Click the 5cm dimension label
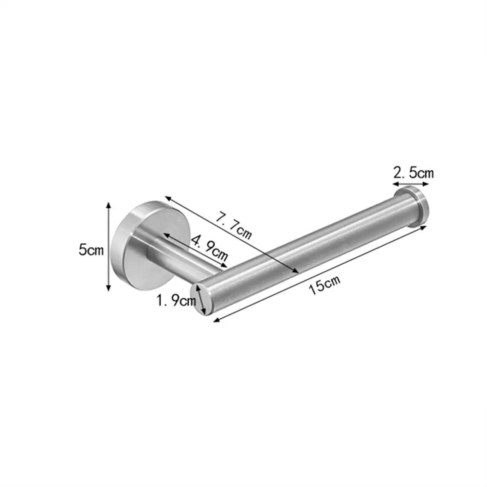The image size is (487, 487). click(x=91, y=250)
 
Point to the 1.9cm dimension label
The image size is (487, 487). click(x=176, y=300)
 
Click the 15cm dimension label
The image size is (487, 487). click(x=324, y=285)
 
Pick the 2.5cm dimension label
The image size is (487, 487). click(x=414, y=173)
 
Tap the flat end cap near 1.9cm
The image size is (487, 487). click(x=200, y=299)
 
